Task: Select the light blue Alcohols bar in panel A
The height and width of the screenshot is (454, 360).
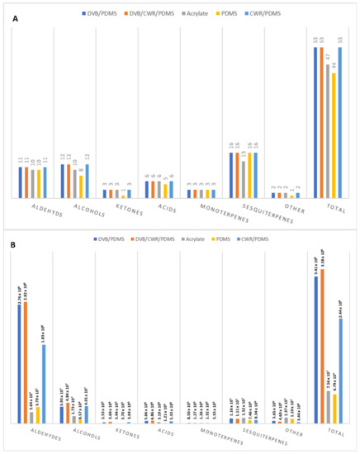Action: pos(87,181)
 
